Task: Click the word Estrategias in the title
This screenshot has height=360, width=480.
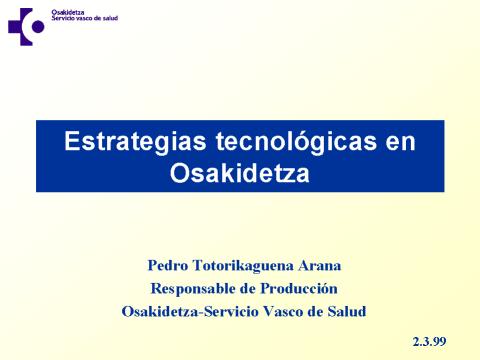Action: [x=135, y=141]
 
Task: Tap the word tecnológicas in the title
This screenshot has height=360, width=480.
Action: [x=296, y=141]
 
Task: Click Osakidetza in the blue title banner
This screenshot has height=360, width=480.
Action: [x=240, y=172]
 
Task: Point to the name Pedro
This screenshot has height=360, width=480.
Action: [x=168, y=266]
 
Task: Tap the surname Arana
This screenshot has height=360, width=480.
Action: [x=320, y=266]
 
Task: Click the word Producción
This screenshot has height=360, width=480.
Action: [x=299, y=288]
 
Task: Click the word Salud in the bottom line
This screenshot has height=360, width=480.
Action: [x=347, y=311]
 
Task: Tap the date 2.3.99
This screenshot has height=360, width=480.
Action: [x=429, y=342]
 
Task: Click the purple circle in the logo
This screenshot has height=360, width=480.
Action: [x=38, y=27]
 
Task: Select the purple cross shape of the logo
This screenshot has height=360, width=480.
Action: [x=21, y=27]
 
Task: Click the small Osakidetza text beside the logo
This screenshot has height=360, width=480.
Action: [x=68, y=12]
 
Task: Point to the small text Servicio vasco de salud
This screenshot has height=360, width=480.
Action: [x=85, y=18]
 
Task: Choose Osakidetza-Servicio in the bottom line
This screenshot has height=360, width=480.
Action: [x=190, y=312]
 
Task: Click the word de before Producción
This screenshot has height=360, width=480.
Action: [x=247, y=289]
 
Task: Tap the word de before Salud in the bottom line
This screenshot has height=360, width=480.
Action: [x=315, y=312]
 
